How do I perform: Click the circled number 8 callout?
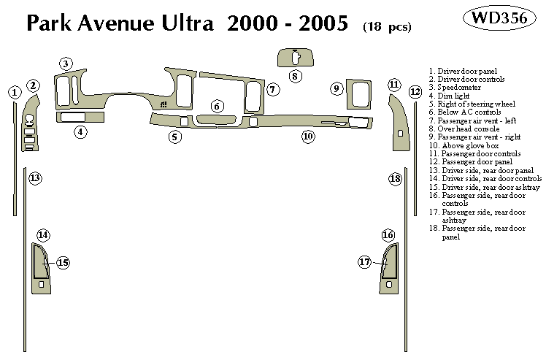[295, 75]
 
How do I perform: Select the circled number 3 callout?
[66, 64]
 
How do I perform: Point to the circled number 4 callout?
[80, 132]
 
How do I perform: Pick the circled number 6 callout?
[218, 107]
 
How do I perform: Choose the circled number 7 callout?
[272, 90]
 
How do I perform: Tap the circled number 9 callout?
[337, 89]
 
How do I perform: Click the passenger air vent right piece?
[359, 93]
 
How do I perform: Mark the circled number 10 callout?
[308, 136]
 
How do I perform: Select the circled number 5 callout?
[174, 136]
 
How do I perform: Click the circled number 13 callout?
[35, 177]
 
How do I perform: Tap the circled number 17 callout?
[364, 261]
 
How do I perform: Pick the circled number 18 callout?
[395, 179]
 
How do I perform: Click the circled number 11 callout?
[394, 85]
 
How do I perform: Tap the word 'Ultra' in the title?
[183, 25]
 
